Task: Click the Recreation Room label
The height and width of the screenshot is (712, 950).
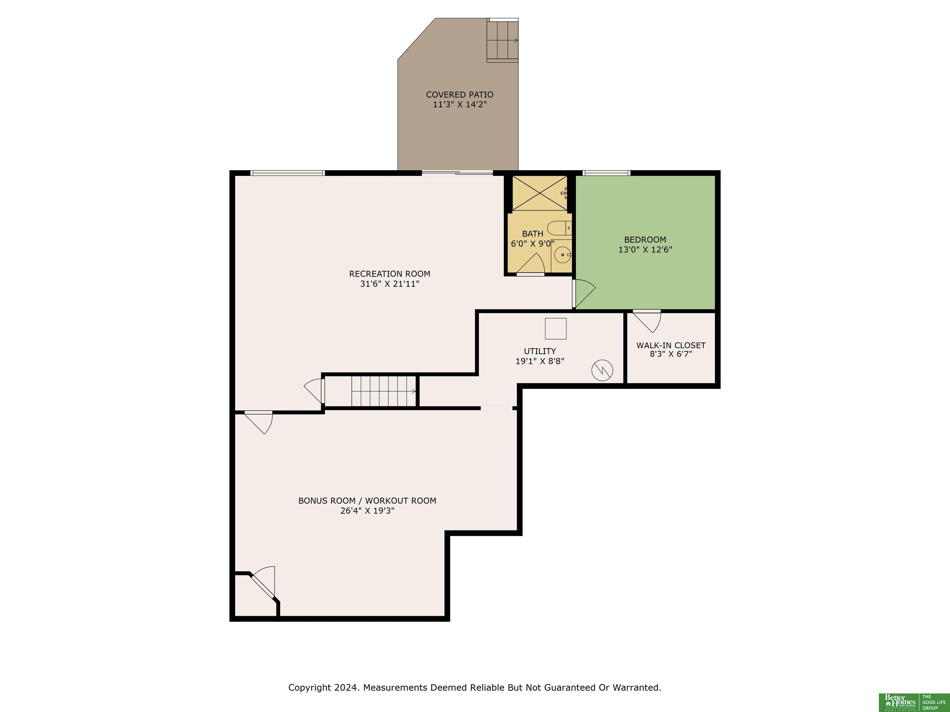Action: (390, 274)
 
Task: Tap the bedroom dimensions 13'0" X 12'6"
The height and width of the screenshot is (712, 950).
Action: (645, 249)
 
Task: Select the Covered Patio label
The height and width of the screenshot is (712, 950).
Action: (460, 95)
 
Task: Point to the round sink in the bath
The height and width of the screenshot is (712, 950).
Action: (562, 255)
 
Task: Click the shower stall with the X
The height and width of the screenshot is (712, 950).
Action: (539, 193)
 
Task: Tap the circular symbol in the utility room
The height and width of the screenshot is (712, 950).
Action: (602, 370)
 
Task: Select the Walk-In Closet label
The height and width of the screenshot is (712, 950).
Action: (671, 345)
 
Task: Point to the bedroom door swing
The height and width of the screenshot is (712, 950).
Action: (584, 294)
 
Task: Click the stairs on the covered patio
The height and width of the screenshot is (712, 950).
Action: (502, 40)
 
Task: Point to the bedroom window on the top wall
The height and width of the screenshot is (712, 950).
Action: (606, 173)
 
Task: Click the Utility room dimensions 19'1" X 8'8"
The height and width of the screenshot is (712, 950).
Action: (540, 361)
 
